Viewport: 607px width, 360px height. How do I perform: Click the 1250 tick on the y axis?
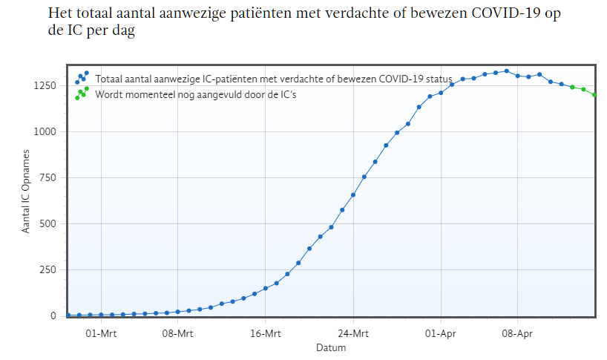click(45, 85)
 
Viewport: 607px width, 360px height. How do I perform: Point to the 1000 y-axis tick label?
click(45, 131)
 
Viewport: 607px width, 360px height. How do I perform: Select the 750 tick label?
click(48, 177)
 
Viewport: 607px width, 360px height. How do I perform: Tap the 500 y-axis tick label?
click(48, 223)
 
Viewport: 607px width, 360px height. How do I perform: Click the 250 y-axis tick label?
click(48, 269)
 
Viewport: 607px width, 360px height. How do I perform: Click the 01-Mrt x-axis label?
click(101, 333)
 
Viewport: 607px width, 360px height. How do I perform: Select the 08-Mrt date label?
click(178, 333)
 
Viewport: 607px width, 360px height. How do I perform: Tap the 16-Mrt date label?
click(266, 333)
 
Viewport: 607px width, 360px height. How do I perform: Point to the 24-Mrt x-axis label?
click(353, 333)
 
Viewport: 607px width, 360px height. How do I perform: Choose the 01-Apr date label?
click(441, 333)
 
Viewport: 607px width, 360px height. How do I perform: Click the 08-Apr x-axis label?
click(518, 333)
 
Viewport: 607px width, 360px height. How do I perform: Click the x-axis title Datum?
click(331, 347)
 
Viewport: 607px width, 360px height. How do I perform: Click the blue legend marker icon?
click(82, 78)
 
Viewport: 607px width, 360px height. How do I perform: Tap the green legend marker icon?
click(82, 94)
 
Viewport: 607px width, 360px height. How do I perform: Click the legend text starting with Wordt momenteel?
click(196, 94)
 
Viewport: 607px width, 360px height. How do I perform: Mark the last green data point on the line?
click(594, 94)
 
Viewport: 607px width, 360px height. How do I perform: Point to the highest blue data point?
click(507, 71)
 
